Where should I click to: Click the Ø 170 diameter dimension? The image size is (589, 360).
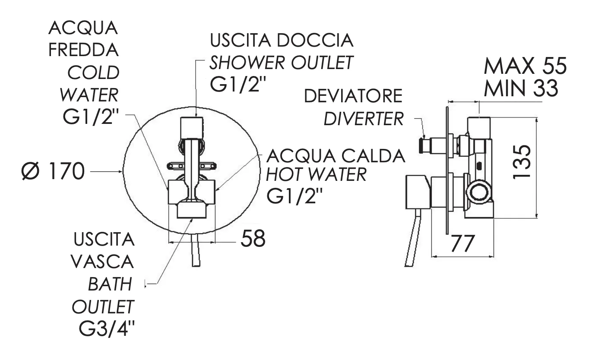point(53,171)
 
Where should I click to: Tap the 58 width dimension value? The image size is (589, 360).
point(253,239)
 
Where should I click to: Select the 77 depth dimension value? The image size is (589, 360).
point(462,243)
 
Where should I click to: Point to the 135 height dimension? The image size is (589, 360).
point(522,162)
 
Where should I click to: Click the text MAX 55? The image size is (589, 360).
point(525,66)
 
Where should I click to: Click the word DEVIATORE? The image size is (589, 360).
point(353,96)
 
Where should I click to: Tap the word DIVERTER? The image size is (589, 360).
point(364,119)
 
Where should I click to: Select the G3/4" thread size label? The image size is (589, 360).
point(107,329)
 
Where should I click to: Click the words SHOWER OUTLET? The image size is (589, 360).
point(281,63)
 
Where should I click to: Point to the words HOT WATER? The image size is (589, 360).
point(317,174)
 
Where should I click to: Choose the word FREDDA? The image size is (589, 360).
point(84,50)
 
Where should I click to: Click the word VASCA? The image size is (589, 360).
point(102,262)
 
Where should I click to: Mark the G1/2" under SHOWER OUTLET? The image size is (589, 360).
point(238,85)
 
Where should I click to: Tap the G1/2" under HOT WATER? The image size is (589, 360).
point(294,196)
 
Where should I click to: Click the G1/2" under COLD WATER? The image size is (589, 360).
point(91,117)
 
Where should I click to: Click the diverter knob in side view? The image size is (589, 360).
point(422,145)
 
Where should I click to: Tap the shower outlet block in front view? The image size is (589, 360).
point(192,127)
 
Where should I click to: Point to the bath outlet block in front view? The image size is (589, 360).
point(192,210)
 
